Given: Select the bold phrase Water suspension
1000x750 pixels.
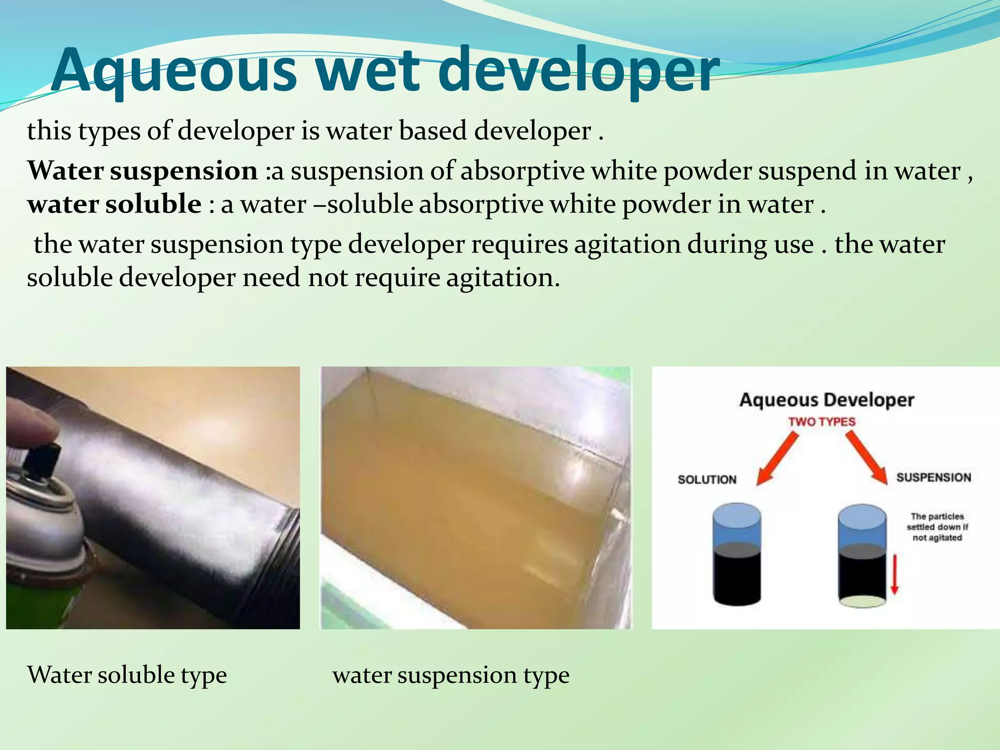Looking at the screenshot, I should click(142, 171).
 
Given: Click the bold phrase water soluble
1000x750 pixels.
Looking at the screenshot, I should click(114, 204).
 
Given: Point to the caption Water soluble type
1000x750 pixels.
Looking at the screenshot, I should click(127, 675).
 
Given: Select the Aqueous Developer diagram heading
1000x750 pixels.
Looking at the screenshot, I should click(826, 400).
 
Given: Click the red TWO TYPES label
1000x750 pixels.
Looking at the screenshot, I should click(822, 422).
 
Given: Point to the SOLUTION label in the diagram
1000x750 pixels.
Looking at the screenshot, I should click(707, 479).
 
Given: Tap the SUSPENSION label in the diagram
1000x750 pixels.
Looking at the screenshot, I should click(934, 478).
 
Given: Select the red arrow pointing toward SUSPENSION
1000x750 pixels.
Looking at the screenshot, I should click(867, 457).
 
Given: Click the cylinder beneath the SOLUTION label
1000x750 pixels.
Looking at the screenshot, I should click(736, 555).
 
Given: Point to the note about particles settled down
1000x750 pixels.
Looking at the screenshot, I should click(937, 527).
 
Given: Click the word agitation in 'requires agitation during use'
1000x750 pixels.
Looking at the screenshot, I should click(627, 245).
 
